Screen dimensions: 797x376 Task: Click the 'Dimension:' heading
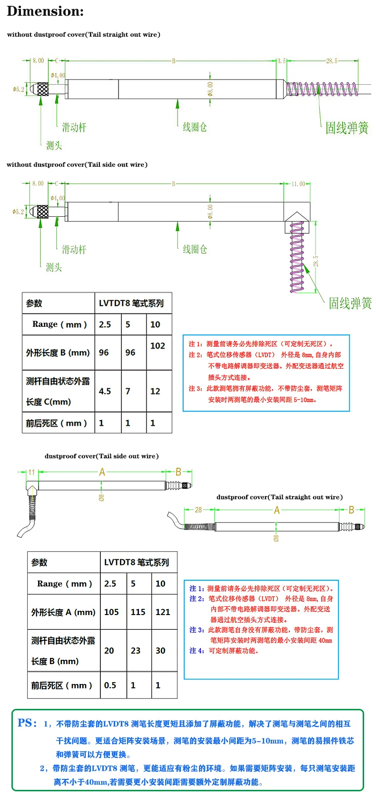[45, 11]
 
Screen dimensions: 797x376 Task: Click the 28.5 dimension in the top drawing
[332, 61]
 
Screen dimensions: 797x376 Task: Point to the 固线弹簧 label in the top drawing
[346, 128]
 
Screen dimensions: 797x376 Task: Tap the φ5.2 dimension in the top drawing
[18, 89]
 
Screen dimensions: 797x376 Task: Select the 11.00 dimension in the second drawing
[298, 184]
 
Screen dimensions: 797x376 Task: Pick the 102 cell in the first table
[158, 346]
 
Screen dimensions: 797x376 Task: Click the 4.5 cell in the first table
[105, 391]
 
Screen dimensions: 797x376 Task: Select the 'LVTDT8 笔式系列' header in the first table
[131, 303]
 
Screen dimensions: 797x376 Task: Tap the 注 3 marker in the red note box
[195, 389]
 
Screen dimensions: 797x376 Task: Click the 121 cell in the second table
[163, 612]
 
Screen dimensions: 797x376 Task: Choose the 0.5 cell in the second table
[110, 685]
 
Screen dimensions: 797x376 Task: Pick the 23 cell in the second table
[136, 651]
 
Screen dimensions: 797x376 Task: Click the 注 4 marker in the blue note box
[196, 651]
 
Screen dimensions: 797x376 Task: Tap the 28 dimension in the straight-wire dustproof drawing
[198, 510]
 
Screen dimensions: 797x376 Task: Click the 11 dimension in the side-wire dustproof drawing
[31, 472]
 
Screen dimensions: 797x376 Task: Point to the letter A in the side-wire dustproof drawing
[102, 472]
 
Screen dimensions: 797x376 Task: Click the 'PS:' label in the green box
[27, 723]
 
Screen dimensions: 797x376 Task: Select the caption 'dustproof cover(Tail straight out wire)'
[279, 497]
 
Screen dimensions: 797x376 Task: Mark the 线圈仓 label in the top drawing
[195, 127]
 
